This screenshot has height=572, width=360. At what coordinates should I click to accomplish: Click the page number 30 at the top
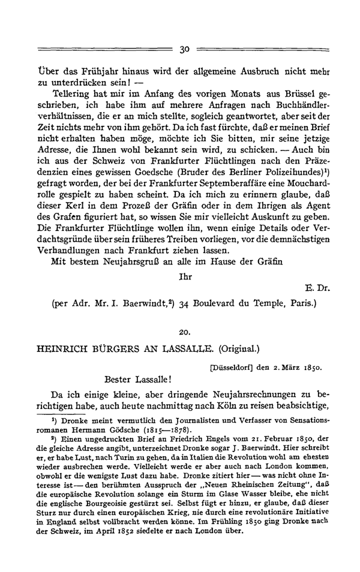[x=184, y=49]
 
